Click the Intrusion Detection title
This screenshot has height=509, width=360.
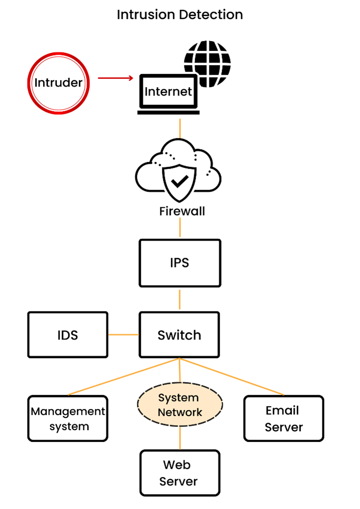click(180, 15)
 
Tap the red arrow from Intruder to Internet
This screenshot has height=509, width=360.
click(115, 78)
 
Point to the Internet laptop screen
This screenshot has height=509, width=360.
click(168, 92)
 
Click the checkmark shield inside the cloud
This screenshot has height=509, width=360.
click(180, 181)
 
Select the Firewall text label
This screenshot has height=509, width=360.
click(182, 211)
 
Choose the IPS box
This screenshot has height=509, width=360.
click(180, 263)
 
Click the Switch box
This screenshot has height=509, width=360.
click(180, 335)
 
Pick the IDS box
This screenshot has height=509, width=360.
click(67, 335)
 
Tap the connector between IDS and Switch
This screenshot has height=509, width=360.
click(123, 335)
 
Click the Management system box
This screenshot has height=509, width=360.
click(68, 419)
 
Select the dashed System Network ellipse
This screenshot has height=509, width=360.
click(180, 405)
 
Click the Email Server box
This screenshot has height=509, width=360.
click(284, 419)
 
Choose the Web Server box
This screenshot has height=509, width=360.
click(180, 473)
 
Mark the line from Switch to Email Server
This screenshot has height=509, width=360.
click(232, 376)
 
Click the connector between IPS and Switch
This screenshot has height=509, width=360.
click(180, 299)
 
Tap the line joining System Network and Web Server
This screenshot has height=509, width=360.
click(180, 437)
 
